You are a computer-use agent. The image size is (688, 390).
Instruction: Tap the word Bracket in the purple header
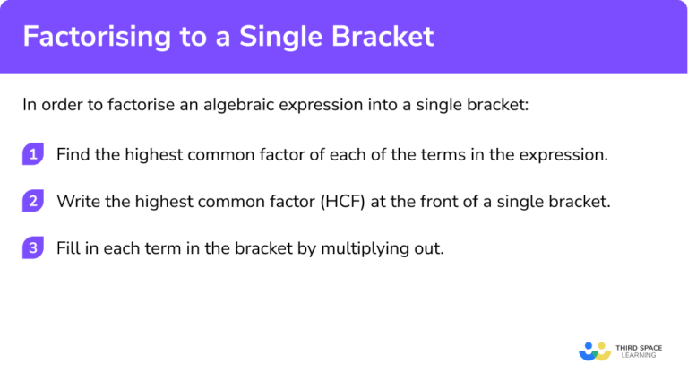click(387, 36)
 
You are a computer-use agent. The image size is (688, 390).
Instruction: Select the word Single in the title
click(285, 36)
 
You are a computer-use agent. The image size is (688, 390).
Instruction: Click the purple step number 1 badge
click(33, 154)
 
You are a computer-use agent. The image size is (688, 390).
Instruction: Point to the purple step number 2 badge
click(33, 201)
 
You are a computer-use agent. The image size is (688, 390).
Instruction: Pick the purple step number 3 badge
click(33, 248)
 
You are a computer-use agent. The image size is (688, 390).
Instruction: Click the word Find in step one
click(73, 154)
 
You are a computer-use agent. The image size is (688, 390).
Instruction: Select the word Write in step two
click(77, 201)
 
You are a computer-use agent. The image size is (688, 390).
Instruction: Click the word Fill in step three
click(68, 248)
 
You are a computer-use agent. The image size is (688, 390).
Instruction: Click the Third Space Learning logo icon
click(595, 350)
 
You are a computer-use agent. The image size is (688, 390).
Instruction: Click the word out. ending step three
click(429, 248)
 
